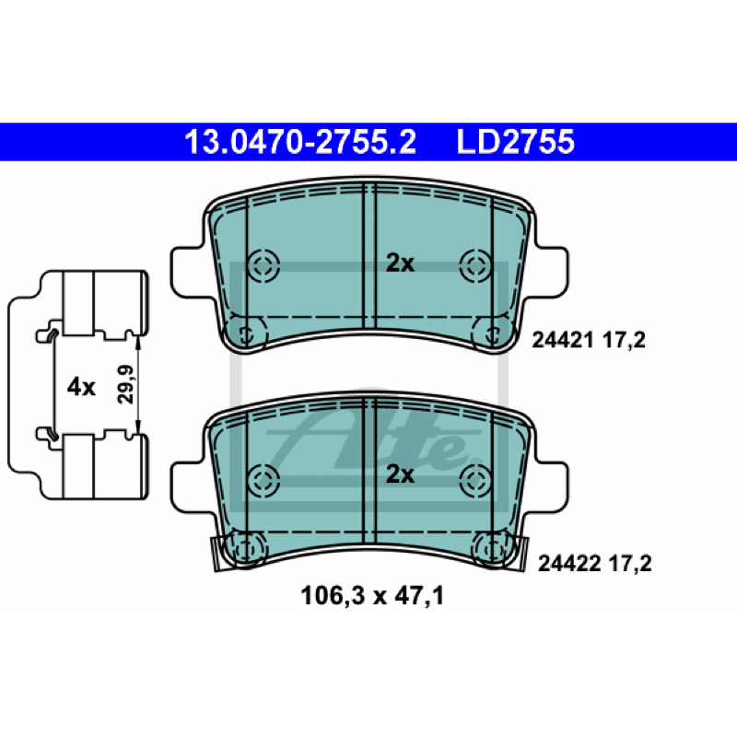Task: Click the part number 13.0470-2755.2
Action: point(300,142)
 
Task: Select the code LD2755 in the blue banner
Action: point(515,142)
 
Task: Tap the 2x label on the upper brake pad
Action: point(400,263)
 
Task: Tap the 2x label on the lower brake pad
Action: point(400,474)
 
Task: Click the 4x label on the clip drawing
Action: point(81,387)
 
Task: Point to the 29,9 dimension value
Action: point(125,384)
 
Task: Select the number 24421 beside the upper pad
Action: point(563,340)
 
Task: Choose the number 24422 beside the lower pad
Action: point(568,564)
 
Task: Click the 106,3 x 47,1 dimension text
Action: point(372,596)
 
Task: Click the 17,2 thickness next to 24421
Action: point(624,340)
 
